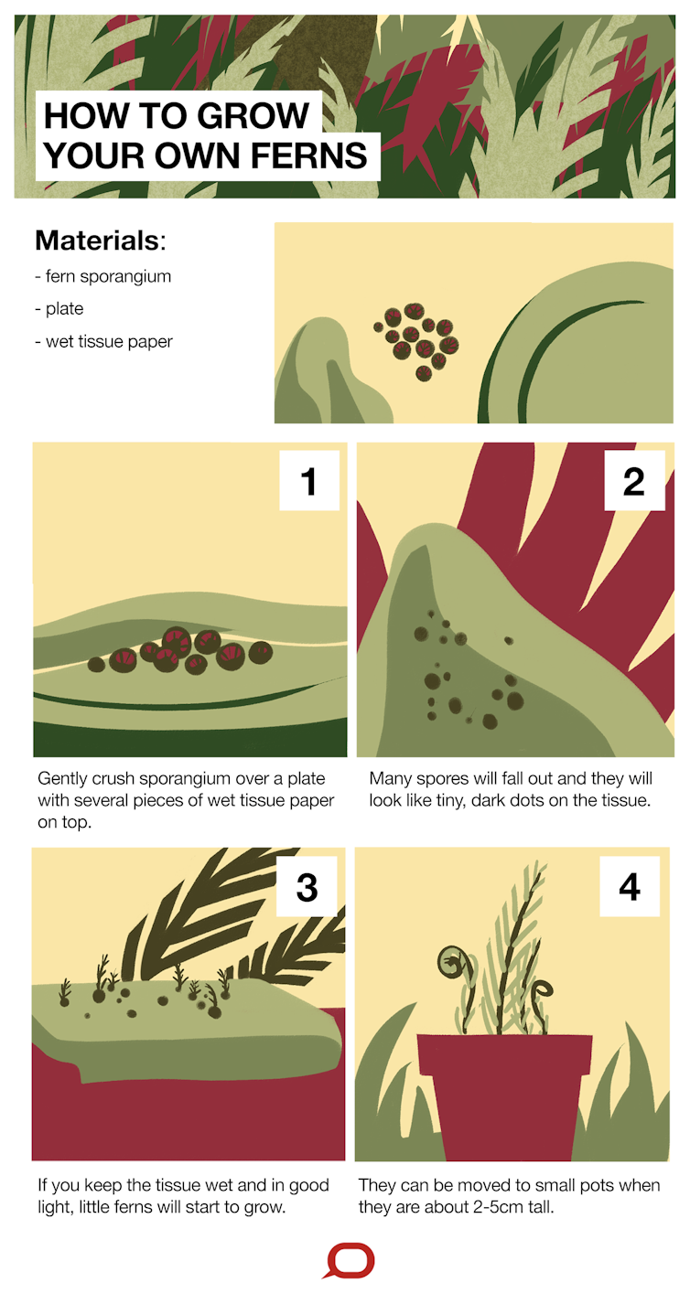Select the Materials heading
(x=101, y=240)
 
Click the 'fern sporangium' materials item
(x=103, y=276)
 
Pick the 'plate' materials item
(x=59, y=308)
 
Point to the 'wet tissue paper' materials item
(x=103, y=342)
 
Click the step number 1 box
(x=309, y=480)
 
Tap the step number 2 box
(x=635, y=480)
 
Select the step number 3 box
(x=307, y=886)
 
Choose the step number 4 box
(x=630, y=886)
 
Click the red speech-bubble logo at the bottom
(x=350, y=1262)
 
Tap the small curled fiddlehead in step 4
(x=543, y=989)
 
